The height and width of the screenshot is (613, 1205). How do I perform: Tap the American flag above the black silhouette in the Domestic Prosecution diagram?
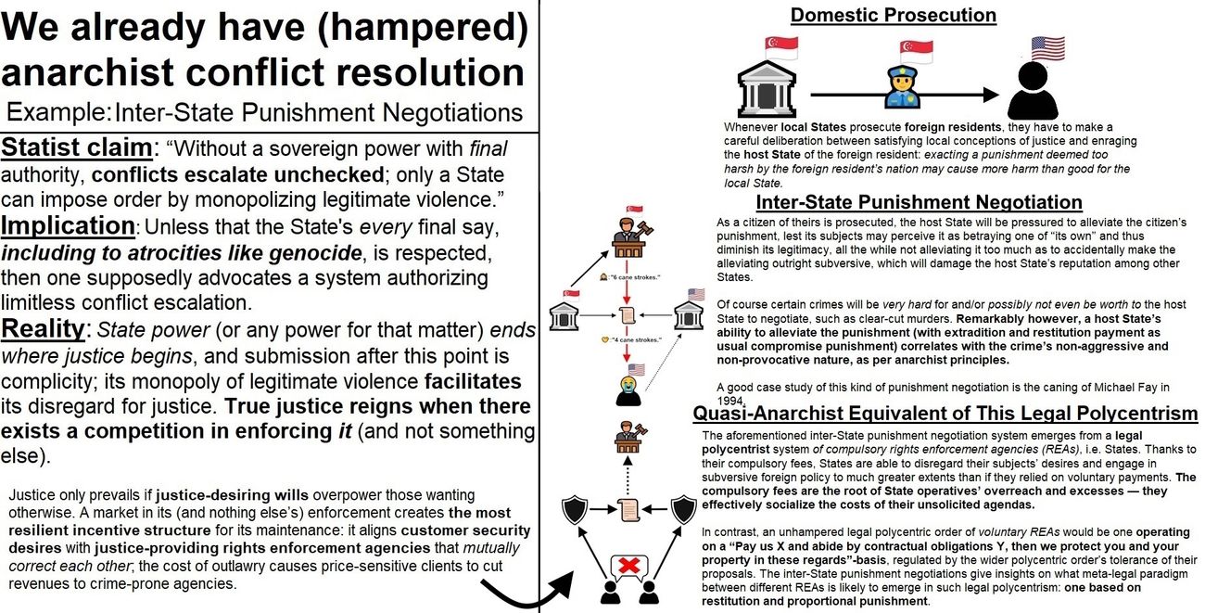(x=1047, y=48)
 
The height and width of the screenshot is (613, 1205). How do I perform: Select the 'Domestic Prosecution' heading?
(x=893, y=15)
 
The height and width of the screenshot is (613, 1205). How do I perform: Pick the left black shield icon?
(x=576, y=509)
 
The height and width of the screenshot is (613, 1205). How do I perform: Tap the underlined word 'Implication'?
(x=69, y=225)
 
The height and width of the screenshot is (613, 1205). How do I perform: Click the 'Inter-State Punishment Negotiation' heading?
(x=919, y=202)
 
